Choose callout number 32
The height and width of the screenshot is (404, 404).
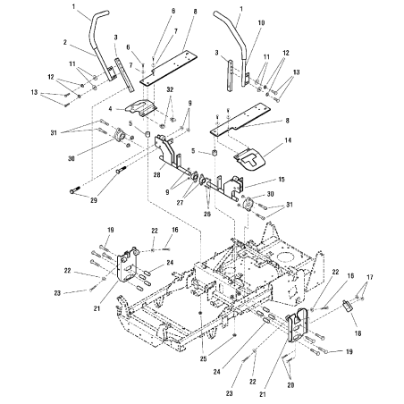click(x=170, y=90)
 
